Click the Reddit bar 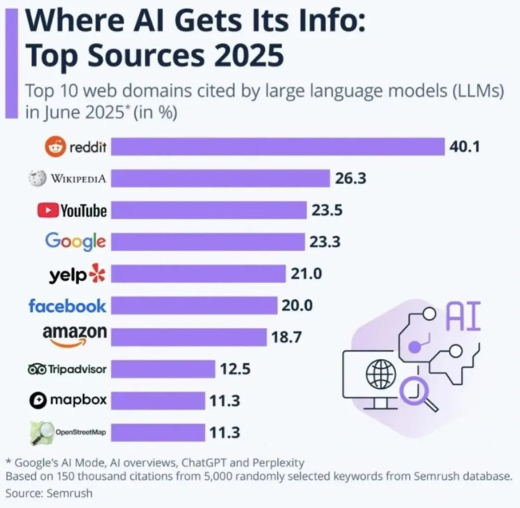(x=277, y=147)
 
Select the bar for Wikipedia (x=220, y=178)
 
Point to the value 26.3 (x=350, y=178)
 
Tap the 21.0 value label (x=306, y=274)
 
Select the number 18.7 (x=286, y=338)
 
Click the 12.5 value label (x=236, y=369)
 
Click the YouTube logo (x=72, y=210)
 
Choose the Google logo (x=75, y=241)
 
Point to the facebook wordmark (x=67, y=306)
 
